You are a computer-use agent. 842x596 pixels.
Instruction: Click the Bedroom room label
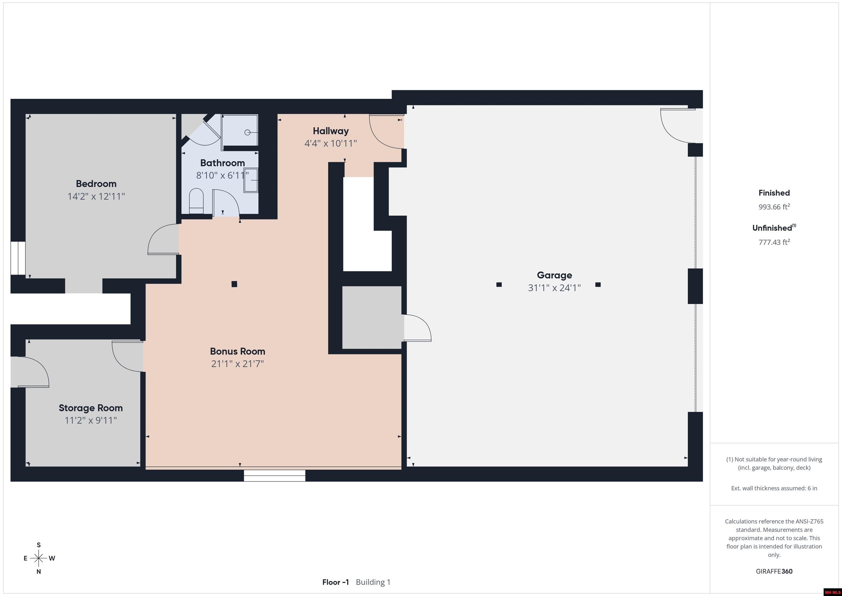pyautogui.click(x=96, y=183)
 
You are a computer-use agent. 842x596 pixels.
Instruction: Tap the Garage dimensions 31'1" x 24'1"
pyautogui.click(x=554, y=288)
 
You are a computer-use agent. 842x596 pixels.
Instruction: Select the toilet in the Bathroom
pyautogui.click(x=196, y=201)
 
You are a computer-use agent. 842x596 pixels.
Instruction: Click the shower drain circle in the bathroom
pyautogui.click(x=248, y=132)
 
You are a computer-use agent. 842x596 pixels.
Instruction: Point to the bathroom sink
pyautogui.click(x=251, y=180)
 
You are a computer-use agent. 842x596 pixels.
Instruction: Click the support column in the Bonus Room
pyautogui.click(x=234, y=284)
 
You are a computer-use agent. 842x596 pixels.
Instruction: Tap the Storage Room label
pyautogui.click(x=90, y=408)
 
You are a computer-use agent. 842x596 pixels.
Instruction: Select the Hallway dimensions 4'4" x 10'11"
pyautogui.click(x=331, y=143)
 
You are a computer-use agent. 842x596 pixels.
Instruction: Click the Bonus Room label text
pyautogui.click(x=238, y=351)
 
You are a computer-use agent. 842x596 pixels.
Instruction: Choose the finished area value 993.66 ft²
pyautogui.click(x=774, y=207)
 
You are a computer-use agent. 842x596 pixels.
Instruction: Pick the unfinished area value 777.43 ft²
pyautogui.click(x=774, y=242)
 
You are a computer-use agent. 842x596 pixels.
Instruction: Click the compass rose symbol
pyautogui.click(x=38, y=558)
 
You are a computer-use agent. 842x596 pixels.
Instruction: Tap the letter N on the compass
pyautogui.click(x=38, y=571)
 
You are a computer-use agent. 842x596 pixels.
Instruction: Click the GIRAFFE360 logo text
pyautogui.click(x=774, y=571)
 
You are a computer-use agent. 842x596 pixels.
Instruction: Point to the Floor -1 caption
pyautogui.click(x=335, y=582)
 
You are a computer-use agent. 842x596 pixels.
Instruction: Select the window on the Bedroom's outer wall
pyautogui.click(x=18, y=258)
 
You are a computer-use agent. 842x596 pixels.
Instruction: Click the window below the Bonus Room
pyautogui.click(x=275, y=476)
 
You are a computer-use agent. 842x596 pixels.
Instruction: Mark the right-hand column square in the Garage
pyautogui.click(x=598, y=284)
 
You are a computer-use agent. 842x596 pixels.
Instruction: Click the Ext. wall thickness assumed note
pyautogui.click(x=774, y=488)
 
